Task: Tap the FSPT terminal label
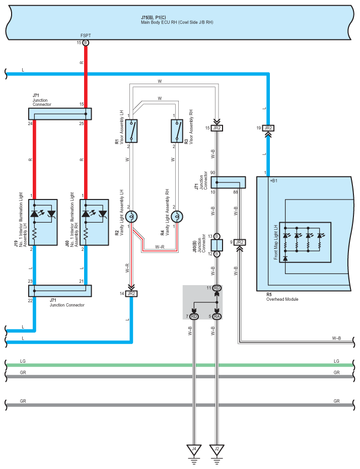[x=86, y=36]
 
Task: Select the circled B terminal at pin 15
[x=86, y=43]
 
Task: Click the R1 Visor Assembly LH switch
[x=131, y=131]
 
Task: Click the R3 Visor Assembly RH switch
[x=177, y=131]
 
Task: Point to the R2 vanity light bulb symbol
[x=131, y=217]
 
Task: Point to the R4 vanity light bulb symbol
[x=177, y=217]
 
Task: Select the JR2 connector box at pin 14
[x=131, y=294]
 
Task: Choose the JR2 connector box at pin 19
[x=268, y=128]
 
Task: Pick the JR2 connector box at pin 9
[x=240, y=242]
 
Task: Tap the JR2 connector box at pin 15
[x=217, y=128]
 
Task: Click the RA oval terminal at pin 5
[x=217, y=316]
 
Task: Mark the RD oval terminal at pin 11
[x=217, y=288]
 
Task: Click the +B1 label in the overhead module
[x=273, y=181]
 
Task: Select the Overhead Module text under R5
[x=282, y=299]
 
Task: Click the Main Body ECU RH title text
[x=177, y=22]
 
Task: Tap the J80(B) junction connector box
[x=217, y=245]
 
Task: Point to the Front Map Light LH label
[x=276, y=242]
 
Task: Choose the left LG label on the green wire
[x=23, y=361]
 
